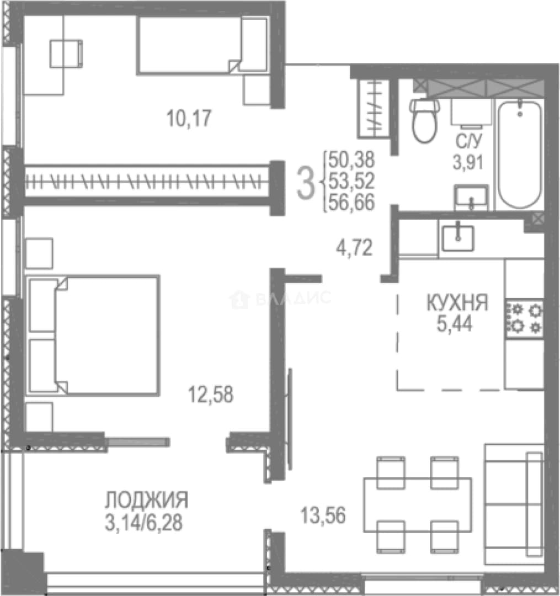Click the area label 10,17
pos(189,118)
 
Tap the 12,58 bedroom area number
pos(210,394)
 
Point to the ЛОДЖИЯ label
pos(147,500)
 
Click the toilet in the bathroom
pos(425,120)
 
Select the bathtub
pos(520,155)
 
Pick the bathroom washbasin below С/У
pos(471,197)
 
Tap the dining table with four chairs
pos(418,505)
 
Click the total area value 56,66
pos(351,202)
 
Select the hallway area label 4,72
pos(354,247)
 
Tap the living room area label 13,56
pos(323,515)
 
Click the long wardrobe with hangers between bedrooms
pos(147,182)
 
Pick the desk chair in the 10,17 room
pos(66,54)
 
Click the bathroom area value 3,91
pos(468,162)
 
